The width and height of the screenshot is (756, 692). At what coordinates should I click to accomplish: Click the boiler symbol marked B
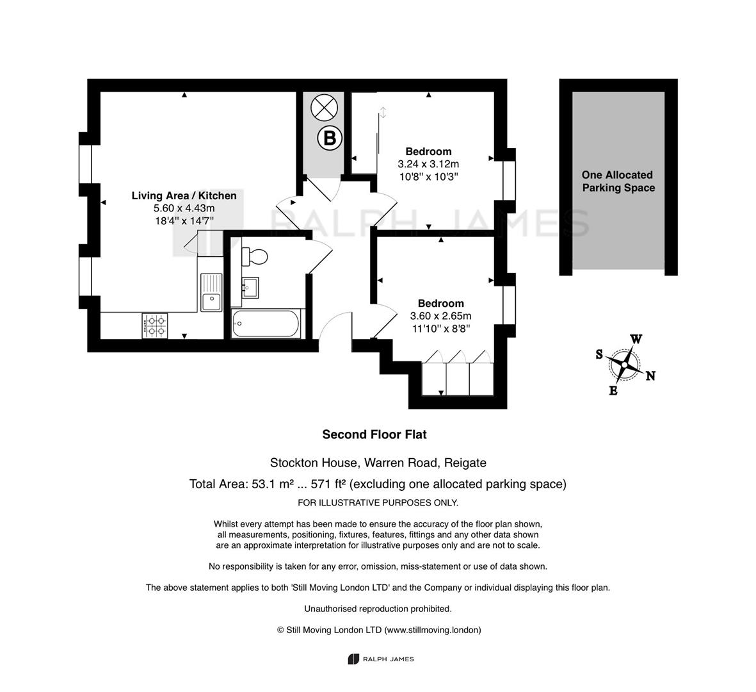pos(330,138)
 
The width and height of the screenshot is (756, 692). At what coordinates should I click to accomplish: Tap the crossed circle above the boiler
pos(324,107)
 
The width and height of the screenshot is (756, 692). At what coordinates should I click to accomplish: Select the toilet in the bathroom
pos(254,256)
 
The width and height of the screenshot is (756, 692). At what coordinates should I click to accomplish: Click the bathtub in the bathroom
pos(266,323)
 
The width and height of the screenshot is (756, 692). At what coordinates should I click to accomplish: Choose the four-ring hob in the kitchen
pos(155,325)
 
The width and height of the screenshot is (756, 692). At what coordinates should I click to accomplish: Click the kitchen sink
pos(211,292)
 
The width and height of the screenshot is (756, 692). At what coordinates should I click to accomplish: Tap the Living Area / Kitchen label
pos(184,195)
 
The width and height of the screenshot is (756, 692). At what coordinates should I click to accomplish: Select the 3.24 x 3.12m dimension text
pos(428,164)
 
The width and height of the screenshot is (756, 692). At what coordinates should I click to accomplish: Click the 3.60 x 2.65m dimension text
pos(440,316)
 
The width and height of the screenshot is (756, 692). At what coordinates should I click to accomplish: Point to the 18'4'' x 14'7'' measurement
pos(184,221)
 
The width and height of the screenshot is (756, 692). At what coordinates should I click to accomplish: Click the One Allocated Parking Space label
pos(618,181)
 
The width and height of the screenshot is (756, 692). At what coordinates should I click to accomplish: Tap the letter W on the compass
pos(636,339)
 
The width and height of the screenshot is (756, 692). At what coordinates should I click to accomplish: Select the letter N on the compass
pos(650,375)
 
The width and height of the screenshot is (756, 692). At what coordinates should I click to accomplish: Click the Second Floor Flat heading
pos(374,434)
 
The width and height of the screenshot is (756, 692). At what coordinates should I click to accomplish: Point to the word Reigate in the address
pos(465,463)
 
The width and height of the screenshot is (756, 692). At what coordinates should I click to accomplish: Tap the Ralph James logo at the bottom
pos(381,659)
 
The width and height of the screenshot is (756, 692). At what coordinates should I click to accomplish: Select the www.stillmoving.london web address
pos(431,630)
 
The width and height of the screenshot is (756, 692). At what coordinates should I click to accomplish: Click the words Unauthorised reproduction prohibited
pos(378,609)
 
